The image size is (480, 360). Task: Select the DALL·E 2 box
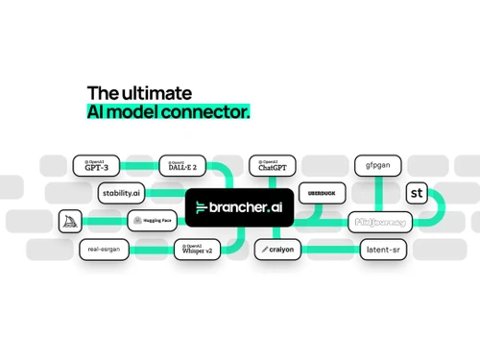pyautogui.click(x=182, y=165)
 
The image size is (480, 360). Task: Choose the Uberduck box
pyautogui.click(x=320, y=193)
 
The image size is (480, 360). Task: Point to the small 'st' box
pyautogui.click(x=418, y=193)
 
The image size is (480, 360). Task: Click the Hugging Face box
pyautogui.click(x=151, y=221)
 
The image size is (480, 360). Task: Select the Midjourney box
pyautogui.click(x=381, y=221)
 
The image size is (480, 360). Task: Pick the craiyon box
pyautogui.click(x=280, y=250)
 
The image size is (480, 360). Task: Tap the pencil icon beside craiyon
pyautogui.click(x=264, y=250)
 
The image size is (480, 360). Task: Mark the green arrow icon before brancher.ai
pyautogui.click(x=202, y=207)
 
